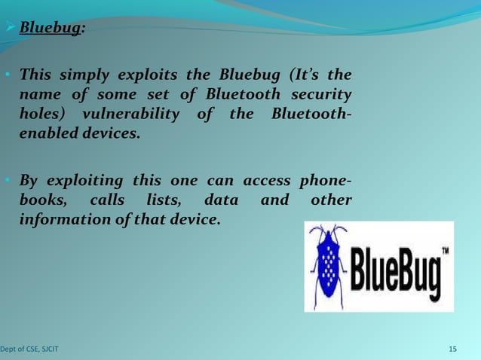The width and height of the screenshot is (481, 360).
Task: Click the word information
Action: point(63,220)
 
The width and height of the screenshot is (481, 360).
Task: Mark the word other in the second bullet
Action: point(331,200)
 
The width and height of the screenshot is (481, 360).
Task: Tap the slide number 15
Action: point(452,349)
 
